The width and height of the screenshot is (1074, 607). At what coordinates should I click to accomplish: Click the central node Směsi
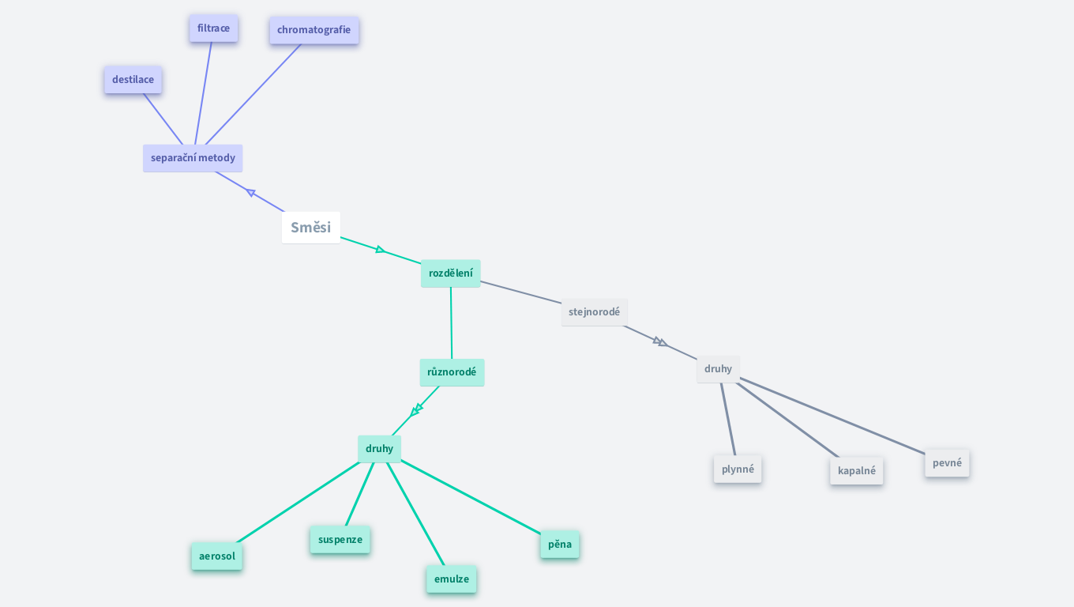pos(310,228)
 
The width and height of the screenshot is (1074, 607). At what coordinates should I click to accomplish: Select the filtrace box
pos(213,28)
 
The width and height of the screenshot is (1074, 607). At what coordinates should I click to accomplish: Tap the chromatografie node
pos(314,30)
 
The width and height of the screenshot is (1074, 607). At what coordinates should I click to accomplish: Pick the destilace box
pos(133,80)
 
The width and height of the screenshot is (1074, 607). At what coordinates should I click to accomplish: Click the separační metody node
pos(193,158)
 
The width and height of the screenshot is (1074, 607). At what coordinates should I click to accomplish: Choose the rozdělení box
pos(450,273)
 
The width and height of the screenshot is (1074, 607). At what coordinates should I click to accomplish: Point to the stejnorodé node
pos(594,312)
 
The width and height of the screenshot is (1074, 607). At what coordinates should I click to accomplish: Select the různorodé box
pos(452,372)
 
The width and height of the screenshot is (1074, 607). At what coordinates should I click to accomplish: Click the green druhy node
pos(379,449)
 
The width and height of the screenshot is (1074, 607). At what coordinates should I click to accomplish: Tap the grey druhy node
pos(718,369)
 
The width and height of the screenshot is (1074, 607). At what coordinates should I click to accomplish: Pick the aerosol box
pos(216,556)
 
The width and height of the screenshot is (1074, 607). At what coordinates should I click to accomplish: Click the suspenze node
pos(340,540)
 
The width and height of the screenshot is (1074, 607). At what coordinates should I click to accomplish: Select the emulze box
pos(451,579)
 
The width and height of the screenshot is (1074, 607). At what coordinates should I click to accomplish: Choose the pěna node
pos(559,545)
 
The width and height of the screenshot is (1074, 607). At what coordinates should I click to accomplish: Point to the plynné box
pos(738,469)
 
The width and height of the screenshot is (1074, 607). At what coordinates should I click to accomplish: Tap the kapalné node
pos(856,471)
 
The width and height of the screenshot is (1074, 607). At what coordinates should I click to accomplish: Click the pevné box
pos(947,463)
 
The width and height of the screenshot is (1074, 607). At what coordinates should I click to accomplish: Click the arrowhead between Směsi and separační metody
pos(251,192)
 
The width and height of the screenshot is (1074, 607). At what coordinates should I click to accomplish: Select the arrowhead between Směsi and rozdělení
pos(380,250)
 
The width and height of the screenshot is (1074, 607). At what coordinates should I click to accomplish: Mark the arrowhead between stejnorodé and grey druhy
pos(660,341)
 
